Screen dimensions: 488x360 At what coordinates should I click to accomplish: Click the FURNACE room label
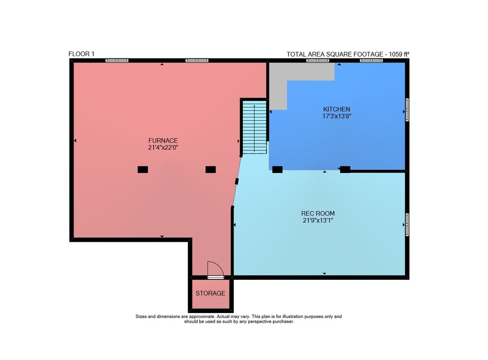(x=163, y=141)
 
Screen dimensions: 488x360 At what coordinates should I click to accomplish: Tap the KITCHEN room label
(x=336, y=109)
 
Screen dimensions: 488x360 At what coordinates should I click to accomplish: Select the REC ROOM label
(x=318, y=213)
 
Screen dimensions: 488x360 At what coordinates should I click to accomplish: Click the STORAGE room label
(x=210, y=293)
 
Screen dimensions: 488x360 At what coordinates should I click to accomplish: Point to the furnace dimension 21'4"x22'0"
(x=163, y=148)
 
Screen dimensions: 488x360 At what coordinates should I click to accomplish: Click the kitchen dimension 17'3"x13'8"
(x=337, y=116)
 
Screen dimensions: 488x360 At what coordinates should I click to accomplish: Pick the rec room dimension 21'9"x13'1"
(x=318, y=220)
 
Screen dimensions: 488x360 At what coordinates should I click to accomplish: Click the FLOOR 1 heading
(x=81, y=54)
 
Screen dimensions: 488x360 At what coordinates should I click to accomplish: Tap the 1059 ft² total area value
(x=399, y=54)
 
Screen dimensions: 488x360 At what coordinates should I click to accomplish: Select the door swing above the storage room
(x=215, y=269)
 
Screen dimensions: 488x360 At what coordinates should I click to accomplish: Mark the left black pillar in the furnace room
(x=143, y=169)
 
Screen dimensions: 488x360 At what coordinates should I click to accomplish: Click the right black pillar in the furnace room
(x=211, y=169)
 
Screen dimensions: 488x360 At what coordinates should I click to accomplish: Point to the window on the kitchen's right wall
(x=407, y=109)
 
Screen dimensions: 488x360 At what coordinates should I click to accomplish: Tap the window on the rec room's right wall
(x=407, y=225)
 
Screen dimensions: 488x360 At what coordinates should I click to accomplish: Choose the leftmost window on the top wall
(x=117, y=61)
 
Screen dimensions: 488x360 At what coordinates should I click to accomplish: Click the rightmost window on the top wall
(x=371, y=61)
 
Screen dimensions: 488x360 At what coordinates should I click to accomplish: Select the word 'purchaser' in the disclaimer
(x=283, y=321)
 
